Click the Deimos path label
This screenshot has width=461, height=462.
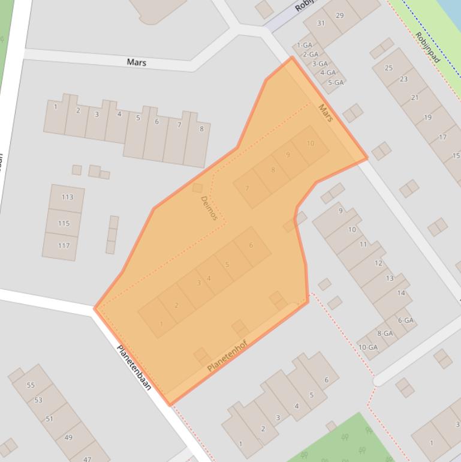pos(209,208)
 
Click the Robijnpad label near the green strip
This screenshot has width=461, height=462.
pos(427,47)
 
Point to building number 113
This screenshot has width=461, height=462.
pos(67,197)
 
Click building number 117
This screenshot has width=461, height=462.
pos(64,245)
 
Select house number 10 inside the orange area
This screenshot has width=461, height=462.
pos(311,143)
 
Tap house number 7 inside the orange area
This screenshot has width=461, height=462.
pos(247,188)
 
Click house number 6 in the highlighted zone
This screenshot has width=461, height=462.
pos(251,245)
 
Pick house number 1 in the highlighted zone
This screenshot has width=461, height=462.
pos(161,324)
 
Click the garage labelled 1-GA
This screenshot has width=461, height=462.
pos(305,45)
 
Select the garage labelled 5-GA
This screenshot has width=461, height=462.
pos(336,82)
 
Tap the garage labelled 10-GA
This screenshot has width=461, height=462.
pos(368,347)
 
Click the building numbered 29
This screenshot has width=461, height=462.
pos(340,15)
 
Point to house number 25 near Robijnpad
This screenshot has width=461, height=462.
pos(388,68)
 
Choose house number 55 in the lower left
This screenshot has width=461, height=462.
pos(31,385)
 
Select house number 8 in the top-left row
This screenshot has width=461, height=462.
pos(201,128)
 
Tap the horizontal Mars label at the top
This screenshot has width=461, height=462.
pos(137,62)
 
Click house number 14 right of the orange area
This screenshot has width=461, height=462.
pos(401,293)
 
